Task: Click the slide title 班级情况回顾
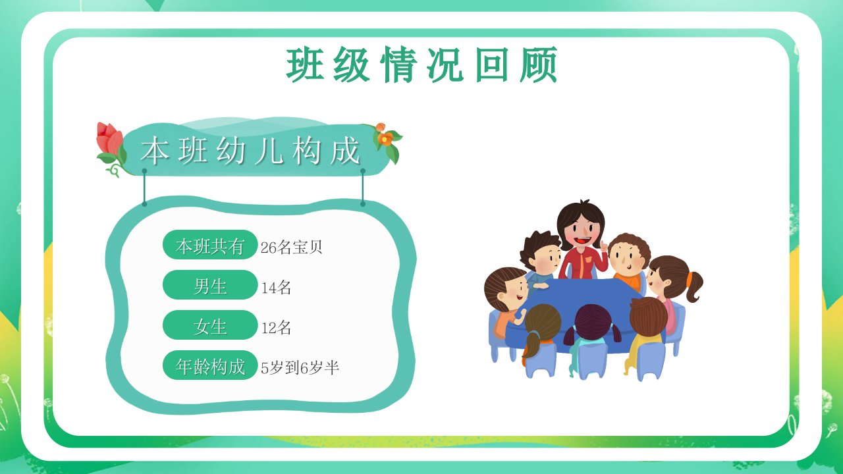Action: coord(421,65)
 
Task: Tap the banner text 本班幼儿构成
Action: coord(250,151)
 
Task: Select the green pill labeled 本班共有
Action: coord(210,245)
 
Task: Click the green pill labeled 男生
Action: coord(210,285)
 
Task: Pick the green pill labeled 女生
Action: coord(210,325)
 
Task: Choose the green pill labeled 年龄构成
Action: coord(210,365)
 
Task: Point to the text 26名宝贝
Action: coord(291,247)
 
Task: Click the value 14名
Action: coord(276,288)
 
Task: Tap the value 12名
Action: coord(276,328)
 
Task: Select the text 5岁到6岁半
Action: coord(300,367)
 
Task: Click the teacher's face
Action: coord(582,232)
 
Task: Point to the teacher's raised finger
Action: coord(604,246)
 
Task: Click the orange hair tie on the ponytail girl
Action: coord(690,278)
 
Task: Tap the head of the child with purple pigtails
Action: coord(592,322)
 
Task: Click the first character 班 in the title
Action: coord(305,65)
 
